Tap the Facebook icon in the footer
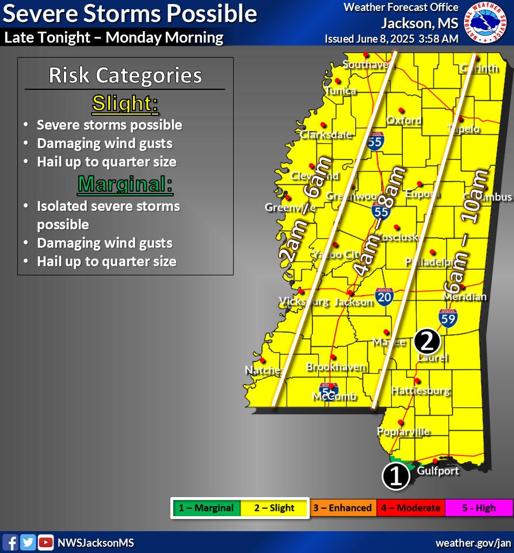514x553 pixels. [10, 542]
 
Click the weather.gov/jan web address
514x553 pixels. [473, 543]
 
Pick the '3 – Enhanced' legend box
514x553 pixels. [342, 508]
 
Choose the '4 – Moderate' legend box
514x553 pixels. [410, 508]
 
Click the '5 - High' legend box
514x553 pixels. [478, 508]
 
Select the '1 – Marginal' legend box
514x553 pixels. [205, 508]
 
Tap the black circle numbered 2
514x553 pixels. [427, 341]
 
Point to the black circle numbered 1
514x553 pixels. [395, 476]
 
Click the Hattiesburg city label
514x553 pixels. [420, 391]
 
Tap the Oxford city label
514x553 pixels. [403, 121]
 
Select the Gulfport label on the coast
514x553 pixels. [439, 471]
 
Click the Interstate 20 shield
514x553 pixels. [384, 297]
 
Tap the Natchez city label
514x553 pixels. [262, 370]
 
